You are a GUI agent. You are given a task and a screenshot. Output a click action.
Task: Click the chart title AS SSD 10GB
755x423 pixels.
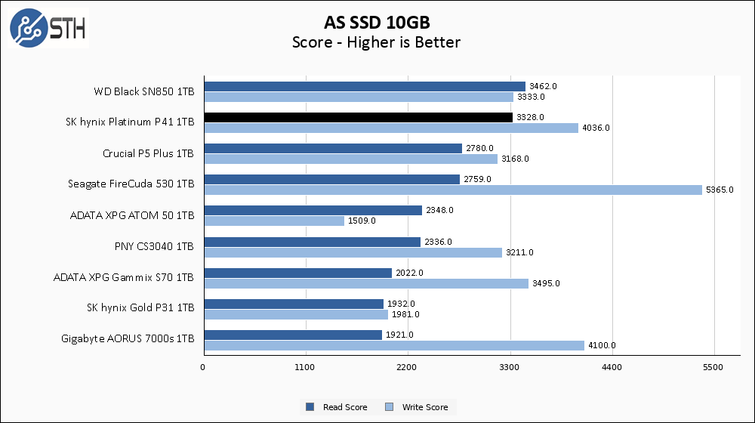[x=376, y=20]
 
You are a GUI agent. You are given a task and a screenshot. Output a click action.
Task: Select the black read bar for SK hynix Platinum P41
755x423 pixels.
[x=358, y=117]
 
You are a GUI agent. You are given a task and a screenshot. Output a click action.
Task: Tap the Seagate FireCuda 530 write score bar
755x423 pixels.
[x=453, y=190]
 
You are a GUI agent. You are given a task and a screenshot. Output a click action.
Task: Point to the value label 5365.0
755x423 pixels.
[x=720, y=190]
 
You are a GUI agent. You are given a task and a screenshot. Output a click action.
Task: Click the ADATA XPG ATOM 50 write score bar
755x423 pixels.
[x=274, y=221]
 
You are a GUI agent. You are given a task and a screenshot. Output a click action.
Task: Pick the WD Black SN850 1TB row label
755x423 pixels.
[x=143, y=91]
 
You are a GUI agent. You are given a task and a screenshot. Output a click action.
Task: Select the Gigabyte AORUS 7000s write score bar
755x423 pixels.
[x=393, y=345]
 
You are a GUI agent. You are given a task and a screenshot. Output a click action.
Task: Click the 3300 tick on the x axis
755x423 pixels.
[x=510, y=367]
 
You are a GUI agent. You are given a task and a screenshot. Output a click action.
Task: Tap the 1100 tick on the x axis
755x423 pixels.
[x=306, y=367]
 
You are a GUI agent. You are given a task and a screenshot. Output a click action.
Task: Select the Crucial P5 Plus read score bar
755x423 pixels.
[x=332, y=148]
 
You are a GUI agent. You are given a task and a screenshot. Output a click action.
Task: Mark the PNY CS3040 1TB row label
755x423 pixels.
[x=153, y=246]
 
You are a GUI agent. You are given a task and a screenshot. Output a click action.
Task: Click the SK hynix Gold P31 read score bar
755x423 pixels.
[x=293, y=304]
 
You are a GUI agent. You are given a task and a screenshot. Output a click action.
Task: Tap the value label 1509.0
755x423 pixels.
[x=362, y=221]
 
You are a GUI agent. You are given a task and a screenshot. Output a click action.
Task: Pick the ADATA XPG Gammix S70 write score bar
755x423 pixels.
[x=365, y=283]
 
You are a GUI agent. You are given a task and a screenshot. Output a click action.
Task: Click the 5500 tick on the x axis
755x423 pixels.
[x=714, y=367]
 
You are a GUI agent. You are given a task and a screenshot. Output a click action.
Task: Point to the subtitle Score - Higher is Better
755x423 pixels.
[x=376, y=42]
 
